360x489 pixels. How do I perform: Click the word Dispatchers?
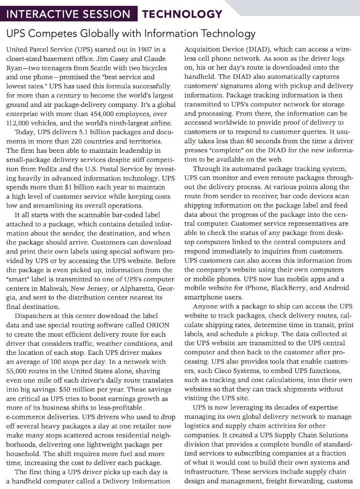pos(36,316)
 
